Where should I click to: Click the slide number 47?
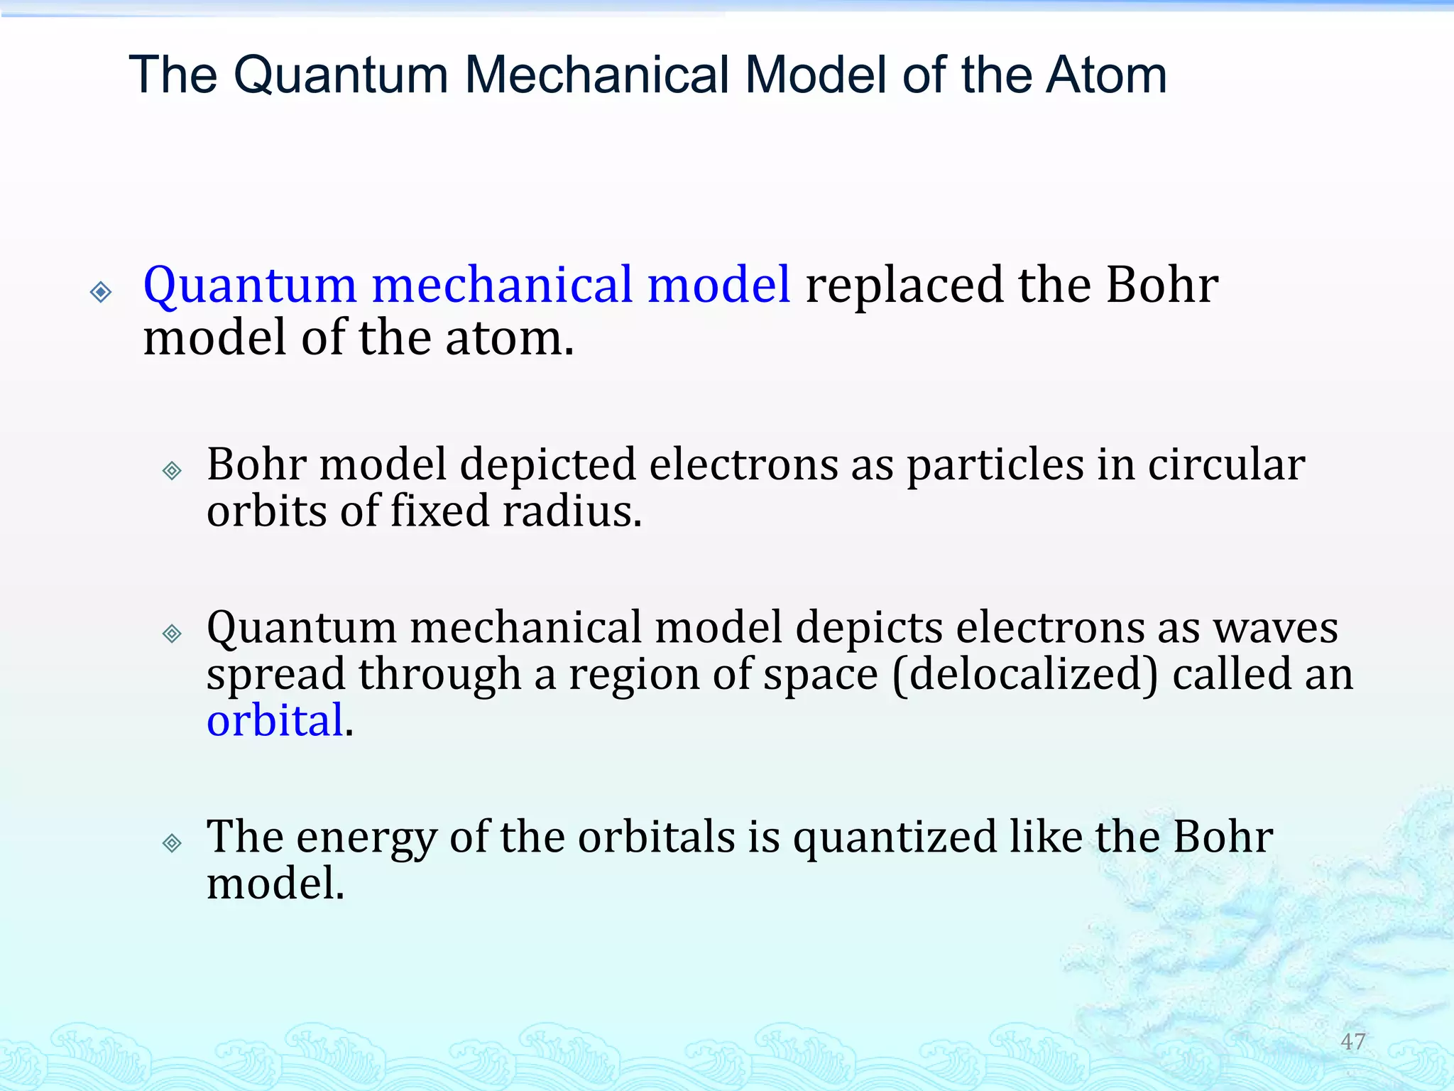(1352, 1041)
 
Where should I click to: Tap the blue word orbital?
(275, 720)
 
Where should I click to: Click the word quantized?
(895, 838)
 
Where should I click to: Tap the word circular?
(1226, 465)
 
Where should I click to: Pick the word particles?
(995, 465)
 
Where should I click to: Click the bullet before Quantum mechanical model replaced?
(101, 292)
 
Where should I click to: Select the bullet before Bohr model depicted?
(172, 470)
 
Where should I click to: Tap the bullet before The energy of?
(172, 843)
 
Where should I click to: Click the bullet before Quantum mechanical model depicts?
(172, 633)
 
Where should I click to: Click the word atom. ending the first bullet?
(509, 338)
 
